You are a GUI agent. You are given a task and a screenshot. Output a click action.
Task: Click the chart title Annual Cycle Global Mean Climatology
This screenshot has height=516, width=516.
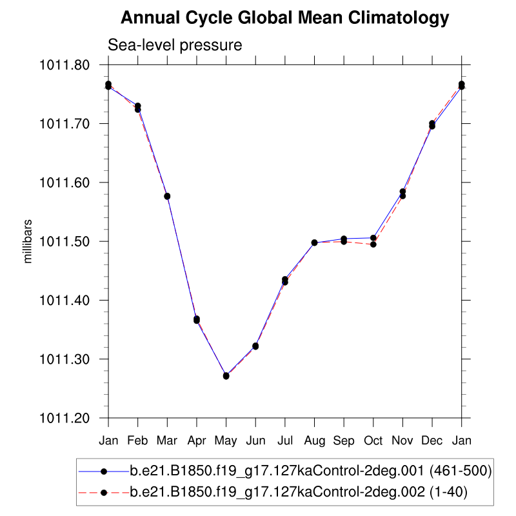284,18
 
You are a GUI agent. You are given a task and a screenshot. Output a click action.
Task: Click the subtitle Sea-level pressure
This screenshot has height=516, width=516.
175,46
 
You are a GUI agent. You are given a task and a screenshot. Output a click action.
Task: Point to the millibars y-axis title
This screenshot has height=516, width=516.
28,241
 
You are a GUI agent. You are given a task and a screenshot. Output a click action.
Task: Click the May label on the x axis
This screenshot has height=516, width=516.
226,441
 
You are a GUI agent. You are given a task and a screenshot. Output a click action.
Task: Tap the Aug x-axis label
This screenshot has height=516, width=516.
314,441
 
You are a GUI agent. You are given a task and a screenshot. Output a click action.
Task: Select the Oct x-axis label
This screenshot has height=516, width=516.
373,441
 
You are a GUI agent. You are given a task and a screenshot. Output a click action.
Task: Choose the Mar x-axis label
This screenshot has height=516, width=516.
167,441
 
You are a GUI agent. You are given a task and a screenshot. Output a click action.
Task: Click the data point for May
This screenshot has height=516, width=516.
226,375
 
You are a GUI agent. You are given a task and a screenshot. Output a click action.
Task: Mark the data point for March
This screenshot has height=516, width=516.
167,196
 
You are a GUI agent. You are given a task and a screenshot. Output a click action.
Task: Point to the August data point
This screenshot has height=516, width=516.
314,243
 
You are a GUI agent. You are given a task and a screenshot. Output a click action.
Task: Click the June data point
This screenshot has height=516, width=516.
255,346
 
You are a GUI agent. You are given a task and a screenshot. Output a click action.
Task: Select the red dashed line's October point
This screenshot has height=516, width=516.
373,244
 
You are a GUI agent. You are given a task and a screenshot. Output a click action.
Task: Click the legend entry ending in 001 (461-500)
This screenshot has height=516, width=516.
312,472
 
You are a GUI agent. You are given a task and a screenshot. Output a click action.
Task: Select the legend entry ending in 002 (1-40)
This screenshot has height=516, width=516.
299,493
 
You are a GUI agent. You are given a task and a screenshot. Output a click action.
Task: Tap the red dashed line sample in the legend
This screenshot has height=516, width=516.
103,493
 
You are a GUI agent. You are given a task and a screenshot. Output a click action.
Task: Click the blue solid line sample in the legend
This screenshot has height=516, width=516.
103,472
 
